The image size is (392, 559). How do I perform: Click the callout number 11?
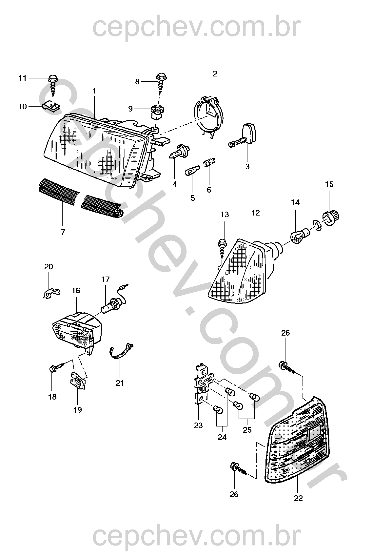coord(22,78)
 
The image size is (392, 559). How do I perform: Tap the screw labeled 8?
coord(162,83)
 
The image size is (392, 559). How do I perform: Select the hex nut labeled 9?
coord(156,113)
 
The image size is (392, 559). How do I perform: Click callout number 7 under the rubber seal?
coord(63,232)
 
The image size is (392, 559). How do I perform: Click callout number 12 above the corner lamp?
coord(256,213)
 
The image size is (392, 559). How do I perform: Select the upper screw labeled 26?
coord(287,369)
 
